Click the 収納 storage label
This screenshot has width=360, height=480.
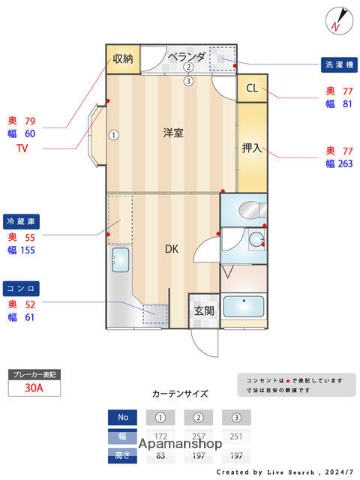point(122,58)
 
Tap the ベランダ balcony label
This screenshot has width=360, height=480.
point(186,56)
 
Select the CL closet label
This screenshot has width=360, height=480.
point(252,88)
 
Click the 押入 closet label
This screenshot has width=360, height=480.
point(252,148)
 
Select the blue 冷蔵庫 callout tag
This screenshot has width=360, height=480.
point(22,220)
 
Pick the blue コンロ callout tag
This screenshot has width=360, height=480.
point(22,286)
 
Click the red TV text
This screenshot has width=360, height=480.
point(22,148)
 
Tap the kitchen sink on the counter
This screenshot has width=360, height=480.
point(120,262)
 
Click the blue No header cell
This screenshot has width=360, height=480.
point(123,417)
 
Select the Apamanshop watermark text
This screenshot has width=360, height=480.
point(180,443)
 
